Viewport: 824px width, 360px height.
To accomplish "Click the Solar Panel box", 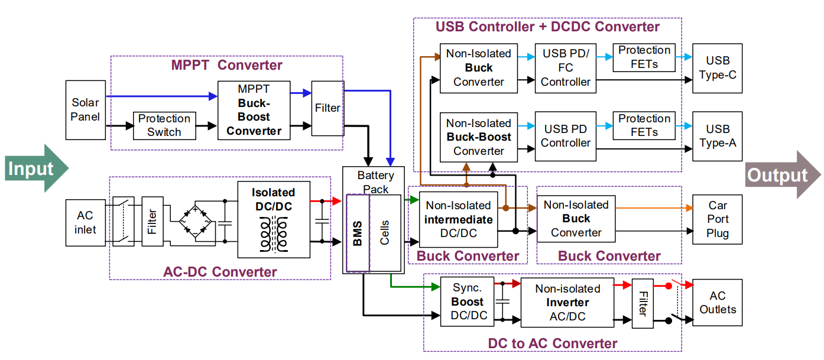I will pos(86,109).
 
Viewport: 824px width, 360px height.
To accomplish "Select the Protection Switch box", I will pos(164,125).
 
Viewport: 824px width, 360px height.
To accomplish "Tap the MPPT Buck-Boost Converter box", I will pos(254,110).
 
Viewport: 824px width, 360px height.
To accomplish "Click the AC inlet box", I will pos(85,222).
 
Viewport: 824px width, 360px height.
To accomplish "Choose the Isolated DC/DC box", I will pos(273,219).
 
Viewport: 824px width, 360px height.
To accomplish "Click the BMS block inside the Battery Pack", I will pos(358,233).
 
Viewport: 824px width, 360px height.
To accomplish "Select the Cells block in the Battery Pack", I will pos(385,233).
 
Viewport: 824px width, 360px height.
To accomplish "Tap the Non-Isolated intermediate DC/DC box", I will pos(458,219).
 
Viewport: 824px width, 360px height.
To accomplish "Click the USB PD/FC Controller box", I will pos(566,67).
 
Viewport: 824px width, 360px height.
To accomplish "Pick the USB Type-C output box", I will pos(717,67).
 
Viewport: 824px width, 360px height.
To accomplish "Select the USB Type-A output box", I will pos(717,136).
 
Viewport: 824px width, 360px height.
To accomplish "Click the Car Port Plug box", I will pos(717,219).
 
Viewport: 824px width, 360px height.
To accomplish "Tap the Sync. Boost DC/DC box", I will pos(467,301).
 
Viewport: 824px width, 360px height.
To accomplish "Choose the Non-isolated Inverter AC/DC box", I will pos(567,302).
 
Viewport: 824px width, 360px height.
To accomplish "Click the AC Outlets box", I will pos(718,302).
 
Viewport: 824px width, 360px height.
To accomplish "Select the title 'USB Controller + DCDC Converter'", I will pos(547,27).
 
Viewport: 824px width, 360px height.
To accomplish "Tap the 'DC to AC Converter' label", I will pos(552,343).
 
